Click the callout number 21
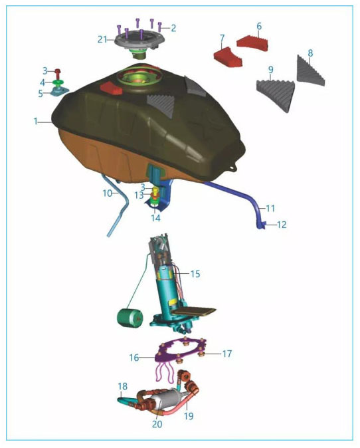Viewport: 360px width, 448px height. (102, 39)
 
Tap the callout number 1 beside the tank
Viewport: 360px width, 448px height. (36, 122)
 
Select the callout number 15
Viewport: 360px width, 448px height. (195, 274)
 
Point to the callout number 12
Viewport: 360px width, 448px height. (282, 225)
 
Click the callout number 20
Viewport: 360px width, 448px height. (157, 424)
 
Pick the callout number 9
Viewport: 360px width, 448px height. (270, 70)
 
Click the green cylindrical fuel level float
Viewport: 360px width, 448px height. (130, 318)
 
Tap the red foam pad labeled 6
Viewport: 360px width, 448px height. (252, 44)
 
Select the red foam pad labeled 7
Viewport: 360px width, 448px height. (228, 56)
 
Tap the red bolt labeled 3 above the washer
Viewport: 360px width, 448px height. (58, 73)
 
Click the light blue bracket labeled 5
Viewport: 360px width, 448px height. (59, 92)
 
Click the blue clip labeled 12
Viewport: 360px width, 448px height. (262, 225)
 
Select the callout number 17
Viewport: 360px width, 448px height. (227, 354)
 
